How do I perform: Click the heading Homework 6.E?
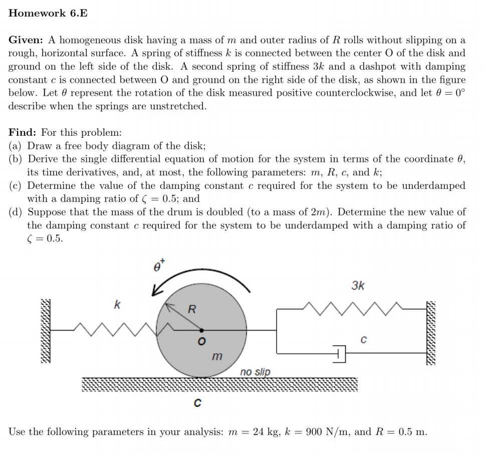point(48,14)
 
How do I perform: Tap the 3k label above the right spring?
point(358,286)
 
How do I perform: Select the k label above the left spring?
point(117,304)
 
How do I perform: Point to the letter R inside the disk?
point(191,309)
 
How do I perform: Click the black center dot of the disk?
point(201,330)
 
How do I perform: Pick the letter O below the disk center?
point(201,342)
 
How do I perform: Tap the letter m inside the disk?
point(216,356)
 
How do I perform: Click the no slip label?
point(255,372)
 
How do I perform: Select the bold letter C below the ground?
point(197,403)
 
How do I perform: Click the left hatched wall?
point(46,330)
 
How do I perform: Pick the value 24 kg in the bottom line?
point(266,432)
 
